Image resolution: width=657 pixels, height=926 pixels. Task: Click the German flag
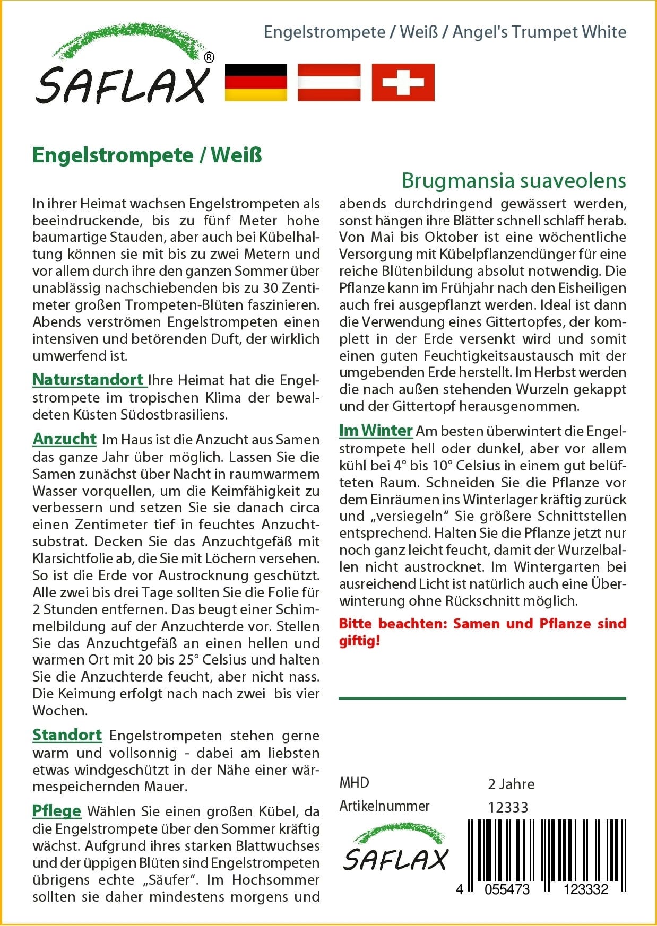pos(256,82)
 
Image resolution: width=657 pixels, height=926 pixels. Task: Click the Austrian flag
pos(329,82)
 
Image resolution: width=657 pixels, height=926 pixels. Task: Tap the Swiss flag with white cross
pos(403,82)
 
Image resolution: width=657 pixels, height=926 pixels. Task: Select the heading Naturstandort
pos(89,380)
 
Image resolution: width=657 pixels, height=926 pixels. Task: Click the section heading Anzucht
pos(65,439)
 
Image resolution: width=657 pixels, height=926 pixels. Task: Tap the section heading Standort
pos(67,735)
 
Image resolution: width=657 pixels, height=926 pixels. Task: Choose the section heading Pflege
pos(57,811)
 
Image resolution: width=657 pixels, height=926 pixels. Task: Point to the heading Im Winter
pos(376,431)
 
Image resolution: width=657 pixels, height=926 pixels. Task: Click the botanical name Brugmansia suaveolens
pos(514,181)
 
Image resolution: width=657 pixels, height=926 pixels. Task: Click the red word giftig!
pos(360,641)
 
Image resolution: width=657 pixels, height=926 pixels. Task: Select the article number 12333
pos(508,807)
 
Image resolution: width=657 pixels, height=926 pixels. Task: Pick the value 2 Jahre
pos(511,784)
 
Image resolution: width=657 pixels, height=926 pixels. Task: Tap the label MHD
pos(354,783)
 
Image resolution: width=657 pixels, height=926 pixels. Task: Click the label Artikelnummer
pos(384,806)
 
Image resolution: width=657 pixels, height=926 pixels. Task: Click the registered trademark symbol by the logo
pos(209,58)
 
